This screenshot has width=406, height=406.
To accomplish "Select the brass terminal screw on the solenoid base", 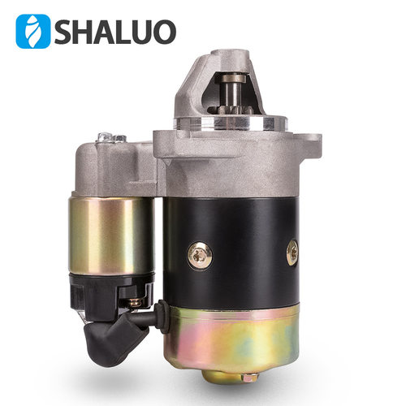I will click(134, 302).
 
